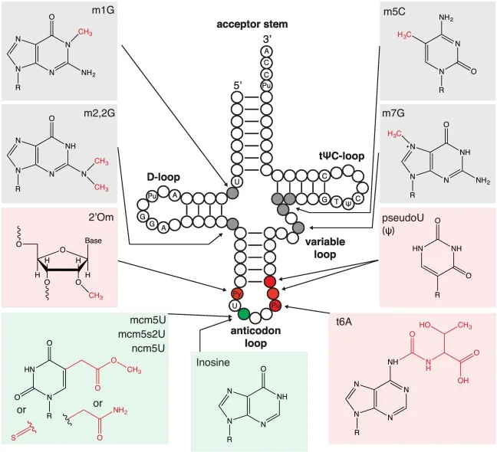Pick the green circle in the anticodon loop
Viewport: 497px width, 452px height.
tap(244, 313)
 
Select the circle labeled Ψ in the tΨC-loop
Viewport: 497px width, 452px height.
tap(350, 204)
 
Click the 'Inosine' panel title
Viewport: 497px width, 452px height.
tap(215, 363)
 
